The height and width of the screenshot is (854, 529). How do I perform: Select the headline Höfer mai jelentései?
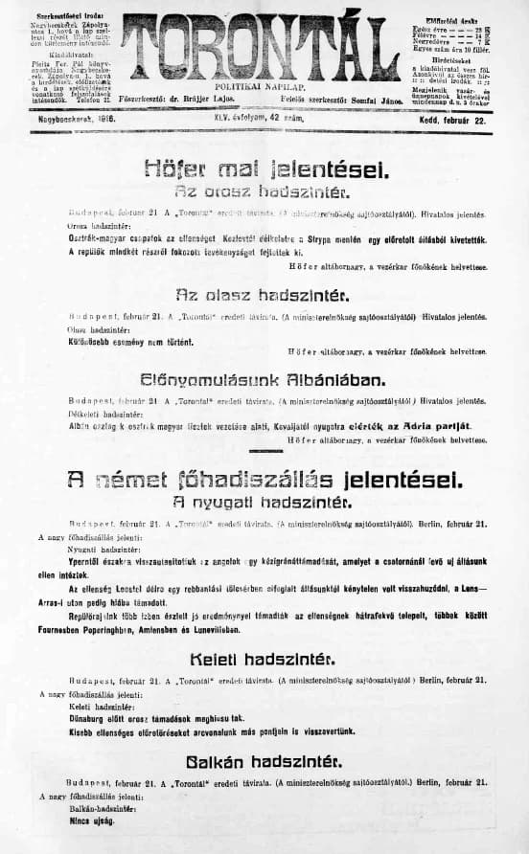(x=265, y=169)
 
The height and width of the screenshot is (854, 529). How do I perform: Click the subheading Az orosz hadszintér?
(x=265, y=191)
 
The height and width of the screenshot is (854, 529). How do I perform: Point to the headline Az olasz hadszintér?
(x=264, y=294)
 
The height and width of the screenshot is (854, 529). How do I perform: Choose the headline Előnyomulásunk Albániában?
(x=264, y=380)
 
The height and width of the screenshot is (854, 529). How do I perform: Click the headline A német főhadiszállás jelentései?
(x=264, y=479)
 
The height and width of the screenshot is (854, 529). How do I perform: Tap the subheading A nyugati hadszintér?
(x=264, y=502)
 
